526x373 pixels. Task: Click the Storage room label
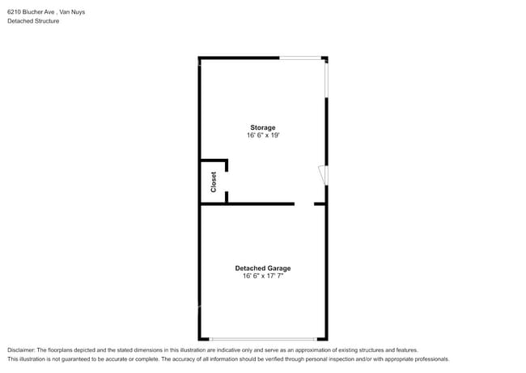(262, 127)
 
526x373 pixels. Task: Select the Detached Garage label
(262, 268)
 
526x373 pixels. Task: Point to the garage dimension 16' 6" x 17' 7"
(262, 277)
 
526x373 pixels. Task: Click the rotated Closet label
(214, 182)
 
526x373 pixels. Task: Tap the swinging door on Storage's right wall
(323, 175)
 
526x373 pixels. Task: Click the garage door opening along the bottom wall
(263, 339)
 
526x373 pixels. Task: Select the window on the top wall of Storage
(300, 58)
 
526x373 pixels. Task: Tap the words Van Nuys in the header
(71, 12)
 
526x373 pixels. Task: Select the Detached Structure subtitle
(33, 21)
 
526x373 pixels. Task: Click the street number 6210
(14, 12)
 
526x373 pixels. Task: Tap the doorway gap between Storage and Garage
(304, 204)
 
